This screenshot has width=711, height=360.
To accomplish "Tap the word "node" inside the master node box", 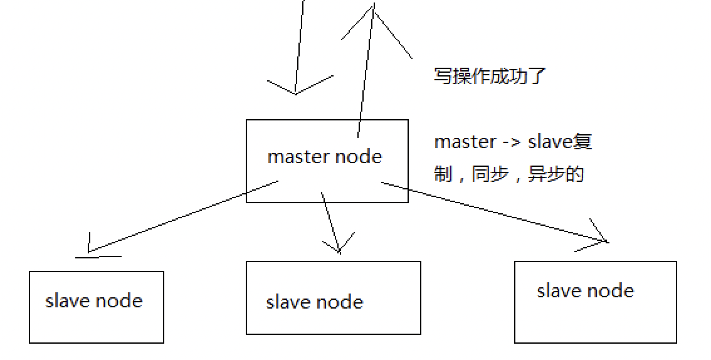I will [358, 156].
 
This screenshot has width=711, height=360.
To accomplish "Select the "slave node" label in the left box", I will [94, 301].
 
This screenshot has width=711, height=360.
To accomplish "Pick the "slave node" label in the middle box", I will [315, 302].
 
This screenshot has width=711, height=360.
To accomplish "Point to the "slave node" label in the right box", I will [586, 291].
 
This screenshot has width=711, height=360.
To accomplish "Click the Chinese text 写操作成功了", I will [490, 76].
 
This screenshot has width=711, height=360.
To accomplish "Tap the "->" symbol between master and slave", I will [511, 142].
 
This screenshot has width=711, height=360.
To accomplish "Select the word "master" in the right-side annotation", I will [465, 142].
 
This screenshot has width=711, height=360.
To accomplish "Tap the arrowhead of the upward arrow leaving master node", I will [374, 8].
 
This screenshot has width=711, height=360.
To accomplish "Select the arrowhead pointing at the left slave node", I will [91, 251].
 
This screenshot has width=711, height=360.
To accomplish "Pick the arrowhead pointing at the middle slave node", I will [339, 250].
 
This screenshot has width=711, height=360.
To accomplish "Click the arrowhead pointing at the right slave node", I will [606, 240].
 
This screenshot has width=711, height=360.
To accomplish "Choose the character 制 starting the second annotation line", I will [443, 174].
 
